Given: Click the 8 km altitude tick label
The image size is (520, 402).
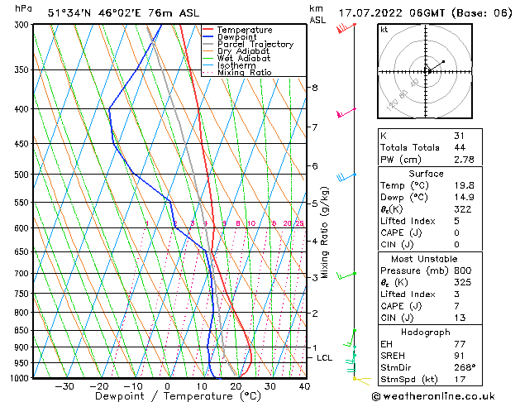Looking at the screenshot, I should click(x=314, y=88).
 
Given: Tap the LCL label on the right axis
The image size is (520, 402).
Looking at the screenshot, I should click(x=324, y=357).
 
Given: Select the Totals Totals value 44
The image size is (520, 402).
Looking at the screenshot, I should click(x=459, y=146).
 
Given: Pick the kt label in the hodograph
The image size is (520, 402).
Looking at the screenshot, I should click(x=384, y=29).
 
